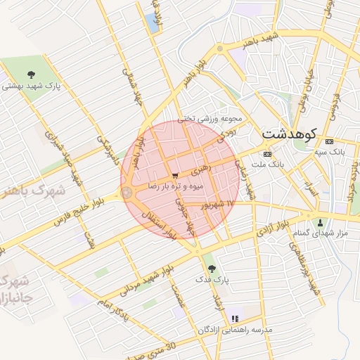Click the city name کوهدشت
click(x=290, y=132)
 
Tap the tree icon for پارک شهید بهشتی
click(x=31, y=74)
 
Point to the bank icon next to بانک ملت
click(x=266, y=154)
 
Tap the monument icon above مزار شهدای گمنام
click(x=320, y=222)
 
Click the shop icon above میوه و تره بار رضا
click(x=174, y=176)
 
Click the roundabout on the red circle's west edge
click(x=127, y=192)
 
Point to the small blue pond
click(x=152, y=23)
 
